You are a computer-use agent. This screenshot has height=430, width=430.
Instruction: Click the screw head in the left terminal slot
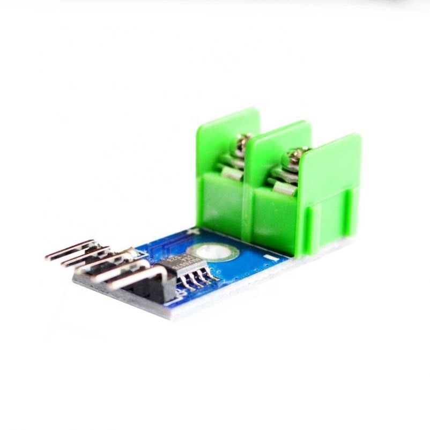pos(238,144)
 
